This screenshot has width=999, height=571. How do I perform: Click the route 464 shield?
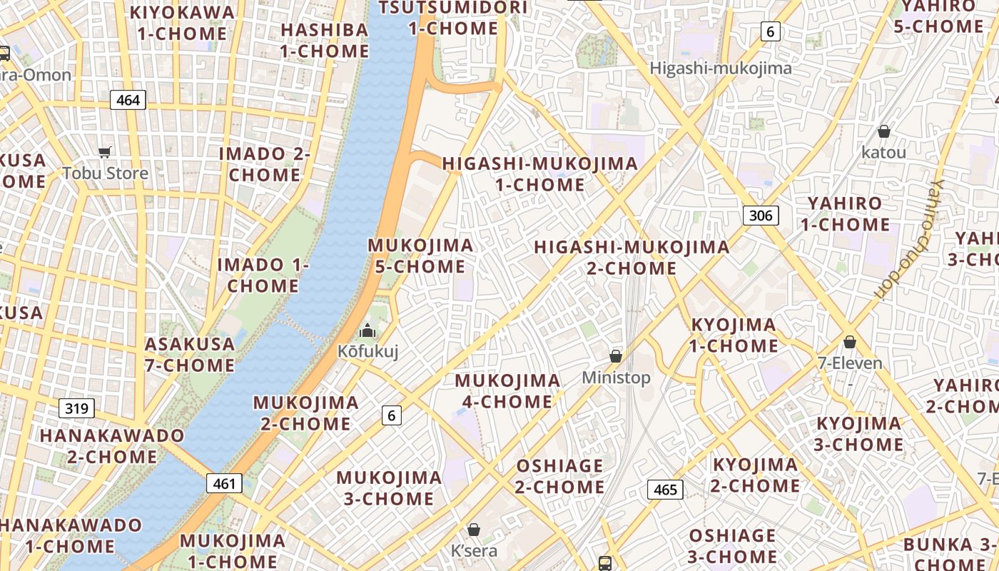click(x=128, y=100)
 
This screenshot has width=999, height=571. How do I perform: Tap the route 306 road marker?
click(x=761, y=215)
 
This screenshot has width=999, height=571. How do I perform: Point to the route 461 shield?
click(x=224, y=483)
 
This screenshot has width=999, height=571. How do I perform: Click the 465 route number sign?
click(x=665, y=490)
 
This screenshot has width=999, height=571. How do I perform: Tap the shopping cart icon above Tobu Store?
click(x=105, y=152)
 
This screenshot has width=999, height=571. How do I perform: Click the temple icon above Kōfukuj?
click(x=367, y=330)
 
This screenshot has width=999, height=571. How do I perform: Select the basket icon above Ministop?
click(x=616, y=355)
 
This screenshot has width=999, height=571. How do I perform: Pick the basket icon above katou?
click(x=883, y=131)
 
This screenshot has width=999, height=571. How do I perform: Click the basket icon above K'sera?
click(x=473, y=530)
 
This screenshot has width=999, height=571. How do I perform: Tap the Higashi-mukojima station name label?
click(x=721, y=69)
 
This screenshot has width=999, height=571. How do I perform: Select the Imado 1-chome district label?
click(x=263, y=275)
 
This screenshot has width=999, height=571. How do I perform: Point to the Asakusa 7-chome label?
click(x=190, y=355)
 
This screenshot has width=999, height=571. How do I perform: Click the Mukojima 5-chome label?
click(x=420, y=256)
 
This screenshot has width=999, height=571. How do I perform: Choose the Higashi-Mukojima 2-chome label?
click(x=632, y=258)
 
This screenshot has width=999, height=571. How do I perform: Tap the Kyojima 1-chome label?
click(x=734, y=335)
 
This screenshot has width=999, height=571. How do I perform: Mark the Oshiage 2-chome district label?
click(x=560, y=476)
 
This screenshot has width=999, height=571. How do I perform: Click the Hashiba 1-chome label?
click(x=325, y=41)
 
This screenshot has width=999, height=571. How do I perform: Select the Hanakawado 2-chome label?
click(x=112, y=445)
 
